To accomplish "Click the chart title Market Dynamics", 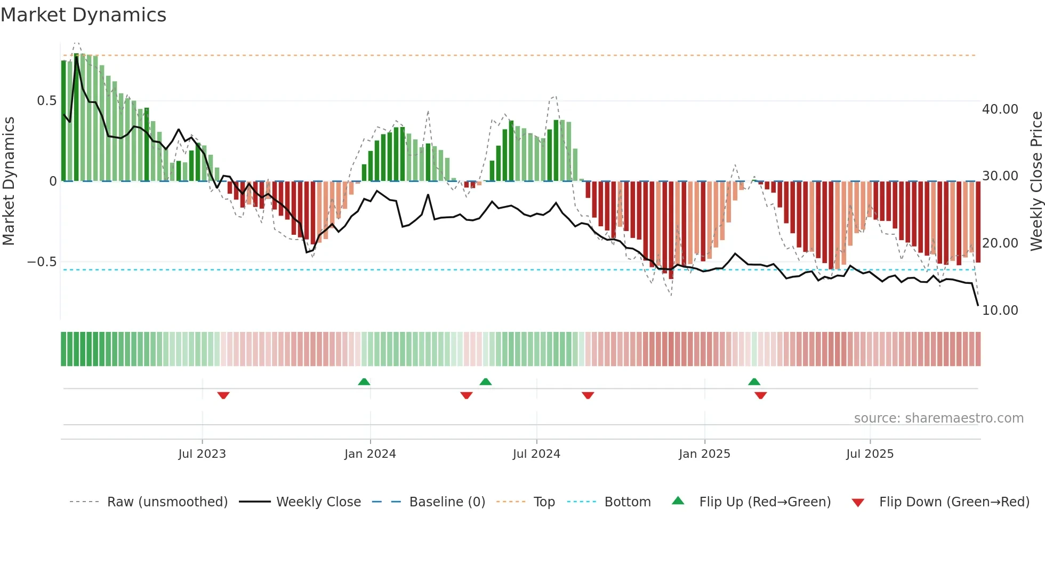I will (x=83, y=15).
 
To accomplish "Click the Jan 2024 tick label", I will (x=370, y=454).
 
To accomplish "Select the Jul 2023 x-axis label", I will (x=202, y=454).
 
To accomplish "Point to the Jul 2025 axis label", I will (x=870, y=454).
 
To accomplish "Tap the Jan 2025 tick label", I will (x=704, y=454).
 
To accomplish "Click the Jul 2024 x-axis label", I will (x=536, y=454).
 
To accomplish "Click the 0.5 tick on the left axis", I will (x=46, y=101).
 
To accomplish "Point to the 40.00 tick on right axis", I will (x=1000, y=109).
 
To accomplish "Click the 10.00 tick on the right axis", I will (x=1000, y=311).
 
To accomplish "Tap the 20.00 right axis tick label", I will (x=1000, y=243).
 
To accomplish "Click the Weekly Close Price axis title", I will (x=1036, y=181).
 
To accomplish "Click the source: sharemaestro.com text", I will (x=938, y=418).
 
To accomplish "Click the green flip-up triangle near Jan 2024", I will (x=364, y=382).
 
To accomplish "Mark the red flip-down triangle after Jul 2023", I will (x=223, y=395).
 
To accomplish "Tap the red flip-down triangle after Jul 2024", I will (x=588, y=395).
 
